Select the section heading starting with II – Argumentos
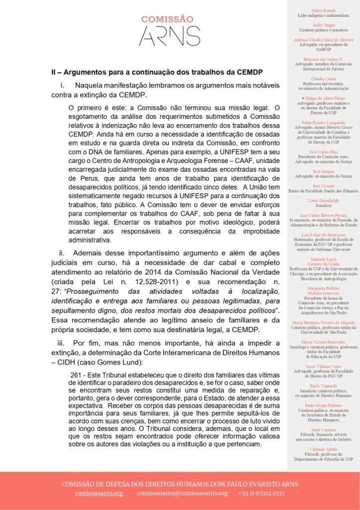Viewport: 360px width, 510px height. pyautogui.click(x=164, y=72)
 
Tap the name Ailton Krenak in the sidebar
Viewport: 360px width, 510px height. pyautogui.click(x=323, y=10)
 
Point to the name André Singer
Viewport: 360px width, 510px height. pyautogui.click(x=323, y=24)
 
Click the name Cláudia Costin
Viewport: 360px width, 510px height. pyautogui.click(x=323, y=79)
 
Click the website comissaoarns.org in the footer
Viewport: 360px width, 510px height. pyautogui.click(x=99, y=493)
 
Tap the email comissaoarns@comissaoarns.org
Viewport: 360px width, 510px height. pyautogui.click(x=182, y=493)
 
